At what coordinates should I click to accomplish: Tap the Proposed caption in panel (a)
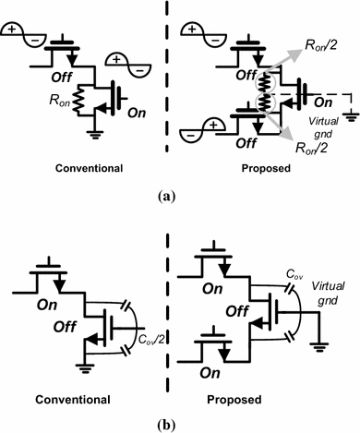pos(274,170)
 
